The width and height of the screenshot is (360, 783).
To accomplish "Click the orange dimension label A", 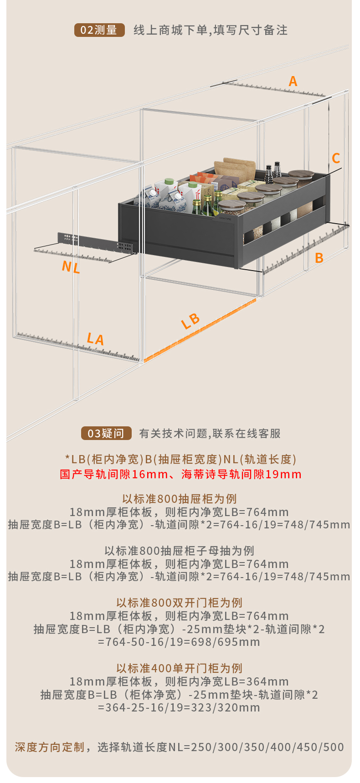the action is point(293,82).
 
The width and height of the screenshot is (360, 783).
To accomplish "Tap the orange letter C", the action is point(336,159).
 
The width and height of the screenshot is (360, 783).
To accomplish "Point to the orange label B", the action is point(319,258).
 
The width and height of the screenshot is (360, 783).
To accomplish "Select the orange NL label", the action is point(71,267).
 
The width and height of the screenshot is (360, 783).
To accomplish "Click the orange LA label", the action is point(96,339).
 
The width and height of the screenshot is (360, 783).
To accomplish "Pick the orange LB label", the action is point(190,321).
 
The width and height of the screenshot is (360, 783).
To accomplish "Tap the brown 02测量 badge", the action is point(99,30).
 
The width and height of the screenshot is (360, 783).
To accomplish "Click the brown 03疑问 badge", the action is point(106,433).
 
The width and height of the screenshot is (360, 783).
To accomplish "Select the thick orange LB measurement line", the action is point(201,330).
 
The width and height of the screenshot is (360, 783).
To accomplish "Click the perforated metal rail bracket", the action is point(96,243).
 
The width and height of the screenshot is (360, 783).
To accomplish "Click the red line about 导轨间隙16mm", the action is point(180,474).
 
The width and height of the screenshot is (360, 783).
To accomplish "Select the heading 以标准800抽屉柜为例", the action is point(180,499).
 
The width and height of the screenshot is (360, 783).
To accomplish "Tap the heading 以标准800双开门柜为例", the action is point(180,603).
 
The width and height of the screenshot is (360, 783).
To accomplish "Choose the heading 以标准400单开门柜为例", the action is point(180,668).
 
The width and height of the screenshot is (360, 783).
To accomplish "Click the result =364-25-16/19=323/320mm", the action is point(179,707).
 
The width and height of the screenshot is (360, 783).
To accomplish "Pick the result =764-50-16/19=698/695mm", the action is point(179,642).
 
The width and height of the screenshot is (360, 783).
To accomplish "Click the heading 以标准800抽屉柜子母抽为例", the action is point(180,551).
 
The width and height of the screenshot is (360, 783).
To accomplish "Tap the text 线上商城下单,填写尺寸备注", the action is point(211,30).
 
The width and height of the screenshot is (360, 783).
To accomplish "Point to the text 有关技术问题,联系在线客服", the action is point(210,433).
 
